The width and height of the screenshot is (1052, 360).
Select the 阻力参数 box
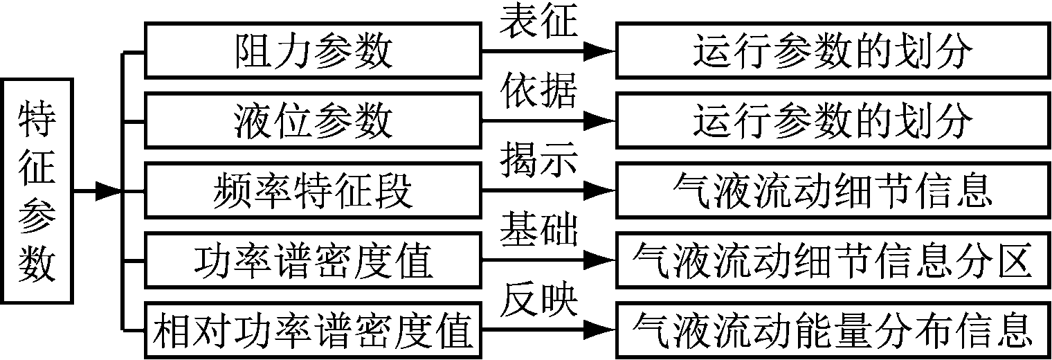[x=313, y=51]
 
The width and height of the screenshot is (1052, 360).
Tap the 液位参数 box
[x=313, y=121]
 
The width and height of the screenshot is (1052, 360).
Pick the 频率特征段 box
[x=313, y=191]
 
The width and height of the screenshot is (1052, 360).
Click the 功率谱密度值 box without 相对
[x=313, y=261]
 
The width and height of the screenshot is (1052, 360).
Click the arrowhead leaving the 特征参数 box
[x=107, y=191]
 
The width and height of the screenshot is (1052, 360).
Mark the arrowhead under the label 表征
[x=599, y=51]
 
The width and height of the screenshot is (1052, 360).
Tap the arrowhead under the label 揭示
[x=599, y=191]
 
